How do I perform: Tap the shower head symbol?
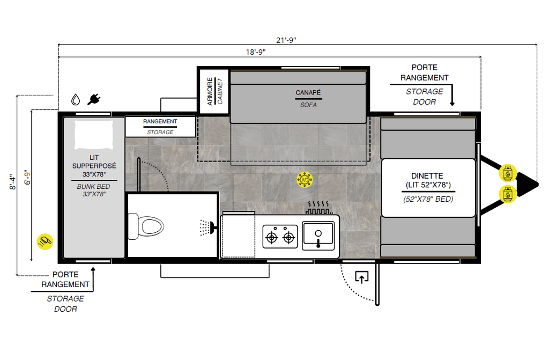[207, 227]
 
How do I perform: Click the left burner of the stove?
[272, 238]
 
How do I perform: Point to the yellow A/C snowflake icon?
[305, 180]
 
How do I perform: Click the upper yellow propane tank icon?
[508, 173]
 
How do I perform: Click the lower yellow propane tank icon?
[508, 194]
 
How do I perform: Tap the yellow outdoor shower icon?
[45, 241]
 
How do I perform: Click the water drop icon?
[75, 100]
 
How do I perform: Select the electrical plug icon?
[94, 99]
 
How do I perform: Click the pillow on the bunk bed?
[94, 135]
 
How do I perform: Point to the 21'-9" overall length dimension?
[286, 40]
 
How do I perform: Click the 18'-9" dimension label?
[256, 52]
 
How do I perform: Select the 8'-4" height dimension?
[13, 182]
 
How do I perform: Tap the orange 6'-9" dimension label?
[27, 178]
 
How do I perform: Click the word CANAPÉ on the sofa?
[308, 92]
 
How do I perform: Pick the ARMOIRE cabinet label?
[210, 92]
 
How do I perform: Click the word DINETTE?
[427, 176]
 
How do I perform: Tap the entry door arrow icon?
[362, 277]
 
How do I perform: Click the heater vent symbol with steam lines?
[318, 208]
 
